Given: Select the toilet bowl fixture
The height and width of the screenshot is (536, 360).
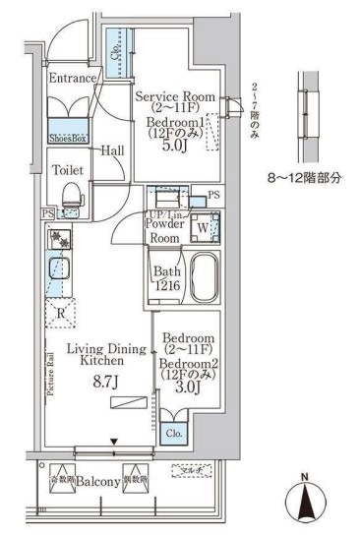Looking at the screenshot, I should (69, 201).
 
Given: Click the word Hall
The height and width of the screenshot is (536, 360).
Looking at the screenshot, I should (111, 150).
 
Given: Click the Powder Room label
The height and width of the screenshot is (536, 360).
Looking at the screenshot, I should (162, 231).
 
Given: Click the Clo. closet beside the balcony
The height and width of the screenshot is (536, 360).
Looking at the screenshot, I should (173, 432).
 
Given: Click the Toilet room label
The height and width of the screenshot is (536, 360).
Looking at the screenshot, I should (66, 169).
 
